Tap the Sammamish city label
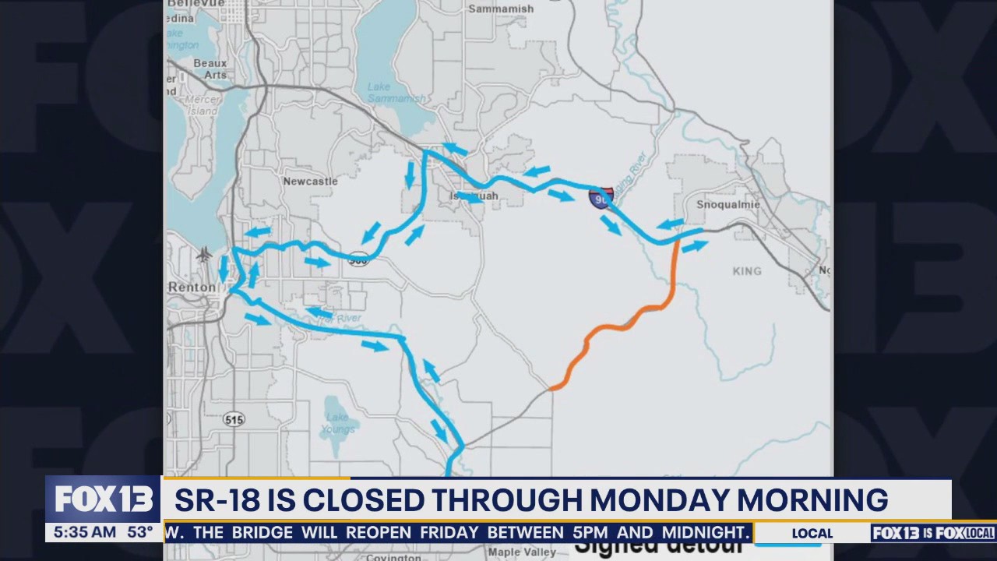click(501, 9)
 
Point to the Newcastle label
click(310, 181)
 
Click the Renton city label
click(192, 287)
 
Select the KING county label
click(747, 271)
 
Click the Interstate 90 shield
click(601, 198)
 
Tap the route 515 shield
click(234, 419)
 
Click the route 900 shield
click(358, 258)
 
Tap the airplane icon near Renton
click(204, 255)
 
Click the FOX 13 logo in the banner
click(103, 499)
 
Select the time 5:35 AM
click(81, 533)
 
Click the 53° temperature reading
click(140, 533)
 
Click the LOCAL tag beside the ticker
click(812, 534)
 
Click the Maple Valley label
click(522, 552)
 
